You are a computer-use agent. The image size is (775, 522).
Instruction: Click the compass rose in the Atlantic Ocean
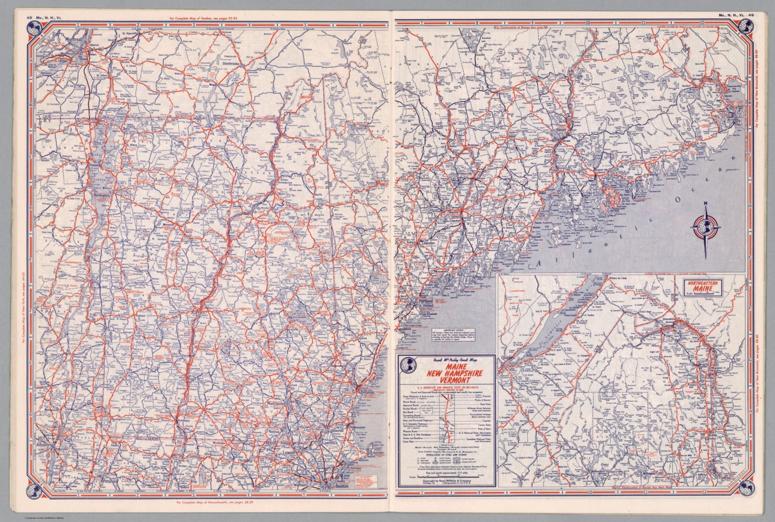(705, 226)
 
